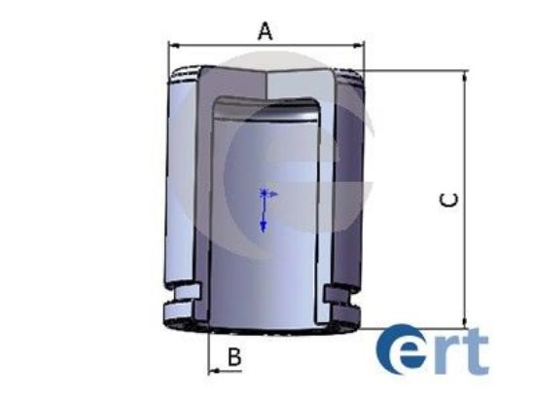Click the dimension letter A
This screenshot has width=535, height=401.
(x=265, y=30)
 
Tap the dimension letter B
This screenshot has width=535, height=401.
(x=233, y=357)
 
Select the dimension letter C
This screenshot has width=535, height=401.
(x=448, y=200)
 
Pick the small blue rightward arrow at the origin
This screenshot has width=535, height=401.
(x=273, y=195)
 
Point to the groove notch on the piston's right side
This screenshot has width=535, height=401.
(x=341, y=293)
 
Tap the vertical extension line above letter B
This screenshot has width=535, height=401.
(x=209, y=346)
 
